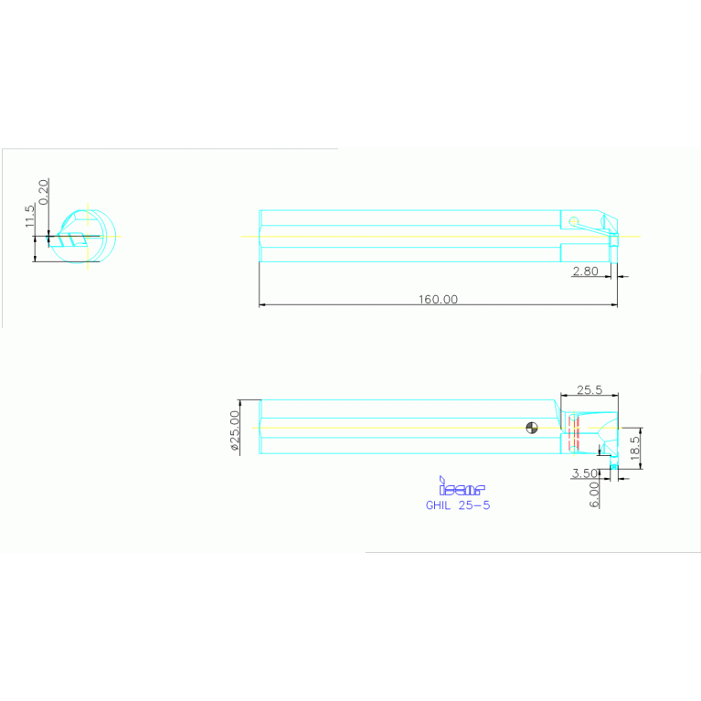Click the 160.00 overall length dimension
pyautogui.click(x=438, y=299)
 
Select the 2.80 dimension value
pyautogui.click(x=585, y=271)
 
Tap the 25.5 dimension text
pyautogui.click(x=588, y=389)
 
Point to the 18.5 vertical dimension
pyautogui.click(x=636, y=448)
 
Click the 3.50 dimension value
pyautogui.click(x=583, y=473)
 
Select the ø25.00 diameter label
pyautogui.click(x=234, y=430)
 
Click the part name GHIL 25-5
pyautogui.click(x=458, y=505)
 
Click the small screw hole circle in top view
pyautogui.click(x=573, y=221)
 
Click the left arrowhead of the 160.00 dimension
pyautogui.click(x=263, y=304)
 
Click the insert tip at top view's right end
pyautogui.click(x=614, y=240)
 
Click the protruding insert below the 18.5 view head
pyautogui.click(x=613, y=468)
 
